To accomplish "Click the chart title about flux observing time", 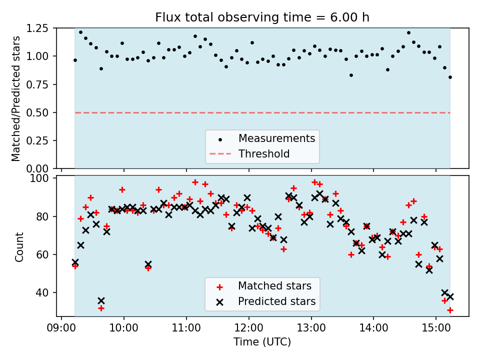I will coord(262,18).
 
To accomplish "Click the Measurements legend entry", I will coord(276,138).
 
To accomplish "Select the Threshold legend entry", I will coord(264,153).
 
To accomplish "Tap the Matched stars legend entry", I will coord(274,286).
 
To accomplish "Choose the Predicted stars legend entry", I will coord(276,301).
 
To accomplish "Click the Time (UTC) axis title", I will coord(262,342).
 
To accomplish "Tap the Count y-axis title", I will coord(19,246).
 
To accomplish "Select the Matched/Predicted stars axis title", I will coord(16,98).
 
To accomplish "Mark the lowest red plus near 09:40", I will coord(101,308).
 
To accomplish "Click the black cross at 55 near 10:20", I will coord(148,264).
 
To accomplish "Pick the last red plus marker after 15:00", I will coord(450,310).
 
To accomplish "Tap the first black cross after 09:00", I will coord(75,262).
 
